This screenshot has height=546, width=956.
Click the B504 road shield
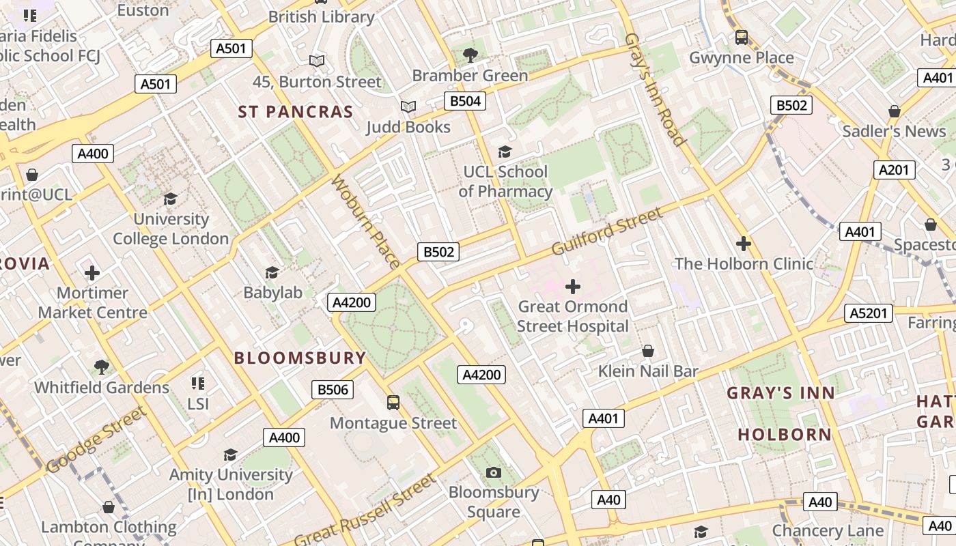pyautogui.click(x=466, y=102)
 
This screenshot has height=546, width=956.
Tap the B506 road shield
pyautogui.click(x=333, y=390)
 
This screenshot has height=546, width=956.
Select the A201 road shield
pyautogui.click(x=894, y=170)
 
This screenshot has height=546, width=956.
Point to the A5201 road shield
pyautogui.click(x=869, y=313)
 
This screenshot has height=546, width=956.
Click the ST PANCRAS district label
pyautogui.click(x=295, y=112)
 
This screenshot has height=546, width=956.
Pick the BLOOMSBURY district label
pyautogui.click(x=300, y=358)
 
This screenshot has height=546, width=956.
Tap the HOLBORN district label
pyautogui.click(x=785, y=434)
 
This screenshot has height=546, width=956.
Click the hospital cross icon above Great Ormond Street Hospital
pyautogui.click(x=573, y=286)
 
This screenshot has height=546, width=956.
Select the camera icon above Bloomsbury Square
pyautogui.click(x=493, y=472)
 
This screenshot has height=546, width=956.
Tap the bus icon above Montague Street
pyautogui.click(x=393, y=403)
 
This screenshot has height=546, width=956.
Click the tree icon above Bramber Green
pyautogui.click(x=470, y=55)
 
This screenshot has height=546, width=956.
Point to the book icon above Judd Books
pyautogui.click(x=408, y=107)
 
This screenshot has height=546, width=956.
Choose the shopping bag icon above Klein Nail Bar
pyautogui.click(x=648, y=351)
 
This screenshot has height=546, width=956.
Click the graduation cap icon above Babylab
pyautogui.click(x=272, y=273)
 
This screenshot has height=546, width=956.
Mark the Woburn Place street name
pyautogui.click(x=365, y=222)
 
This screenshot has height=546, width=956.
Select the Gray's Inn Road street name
pyautogui.click(x=654, y=89)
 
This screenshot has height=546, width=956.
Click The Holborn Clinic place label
pyautogui.click(x=744, y=263)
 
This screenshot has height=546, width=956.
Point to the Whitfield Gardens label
pyautogui.click(x=102, y=387)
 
